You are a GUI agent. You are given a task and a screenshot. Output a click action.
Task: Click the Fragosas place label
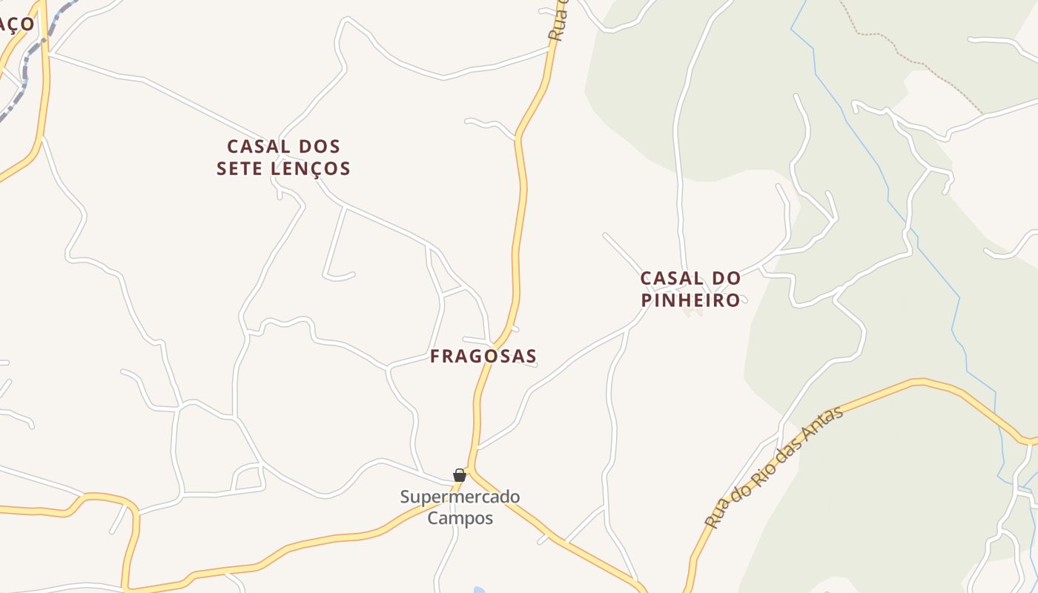coord(483,357)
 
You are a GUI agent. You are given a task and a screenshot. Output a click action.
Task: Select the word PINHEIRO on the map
coord(690,300)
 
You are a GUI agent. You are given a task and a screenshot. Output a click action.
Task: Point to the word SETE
coord(239,169)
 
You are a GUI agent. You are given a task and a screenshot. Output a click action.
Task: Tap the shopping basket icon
coord(460,475)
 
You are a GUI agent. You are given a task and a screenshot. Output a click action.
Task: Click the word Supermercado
coord(460,497)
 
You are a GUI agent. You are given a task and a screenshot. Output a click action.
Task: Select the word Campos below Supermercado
coord(460,517)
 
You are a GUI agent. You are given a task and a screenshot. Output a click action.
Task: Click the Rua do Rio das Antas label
coord(774,466)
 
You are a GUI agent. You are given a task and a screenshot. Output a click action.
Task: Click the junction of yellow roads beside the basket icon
coord(470,468)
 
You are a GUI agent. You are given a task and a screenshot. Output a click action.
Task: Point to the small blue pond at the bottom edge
coord(479,590)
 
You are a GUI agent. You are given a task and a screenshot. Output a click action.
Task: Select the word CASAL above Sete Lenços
coord(252,146)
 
